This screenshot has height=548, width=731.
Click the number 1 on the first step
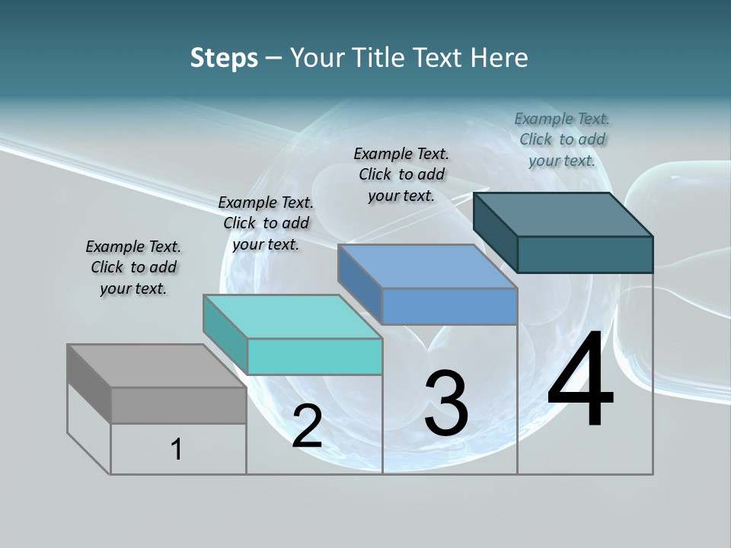[177, 449]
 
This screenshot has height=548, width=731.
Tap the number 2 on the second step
[307, 426]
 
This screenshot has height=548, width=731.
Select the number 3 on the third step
[446, 403]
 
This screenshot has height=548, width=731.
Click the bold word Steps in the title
[224, 58]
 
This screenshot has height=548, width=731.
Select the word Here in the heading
[499, 58]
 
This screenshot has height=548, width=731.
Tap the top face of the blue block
[427, 266]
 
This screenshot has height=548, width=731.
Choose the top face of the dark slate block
[563, 215]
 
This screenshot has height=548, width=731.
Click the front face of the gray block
[178, 405]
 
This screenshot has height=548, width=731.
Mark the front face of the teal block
[314, 356]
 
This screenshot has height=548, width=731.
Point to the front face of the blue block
[449, 306]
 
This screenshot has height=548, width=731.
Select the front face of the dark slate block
[585, 254]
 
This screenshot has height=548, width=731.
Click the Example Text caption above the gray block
[133, 267]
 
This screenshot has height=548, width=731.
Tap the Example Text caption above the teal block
[266, 223]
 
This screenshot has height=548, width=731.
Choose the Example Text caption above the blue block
[401, 174]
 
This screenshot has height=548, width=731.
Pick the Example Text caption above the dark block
[562, 139]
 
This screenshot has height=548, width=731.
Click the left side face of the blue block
[360, 284]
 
